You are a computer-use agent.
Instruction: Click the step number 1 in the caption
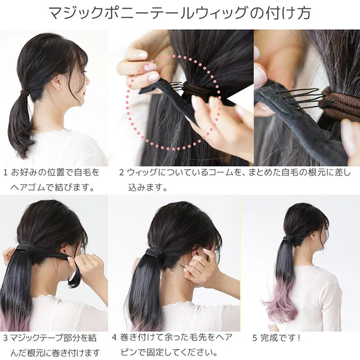(6, 172)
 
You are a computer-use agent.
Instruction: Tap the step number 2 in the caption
(121, 172)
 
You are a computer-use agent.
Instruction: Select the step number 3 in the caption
(6, 338)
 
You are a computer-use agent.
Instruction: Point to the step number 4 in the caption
(114, 337)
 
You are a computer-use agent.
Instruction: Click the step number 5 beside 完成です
(255, 338)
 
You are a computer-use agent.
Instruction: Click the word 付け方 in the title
(289, 13)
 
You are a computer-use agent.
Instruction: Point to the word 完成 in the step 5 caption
(268, 338)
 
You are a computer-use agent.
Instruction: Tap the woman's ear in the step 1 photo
(56, 81)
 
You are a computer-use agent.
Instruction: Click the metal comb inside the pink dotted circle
(176, 86)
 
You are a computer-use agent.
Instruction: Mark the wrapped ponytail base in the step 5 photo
(289, 240)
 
